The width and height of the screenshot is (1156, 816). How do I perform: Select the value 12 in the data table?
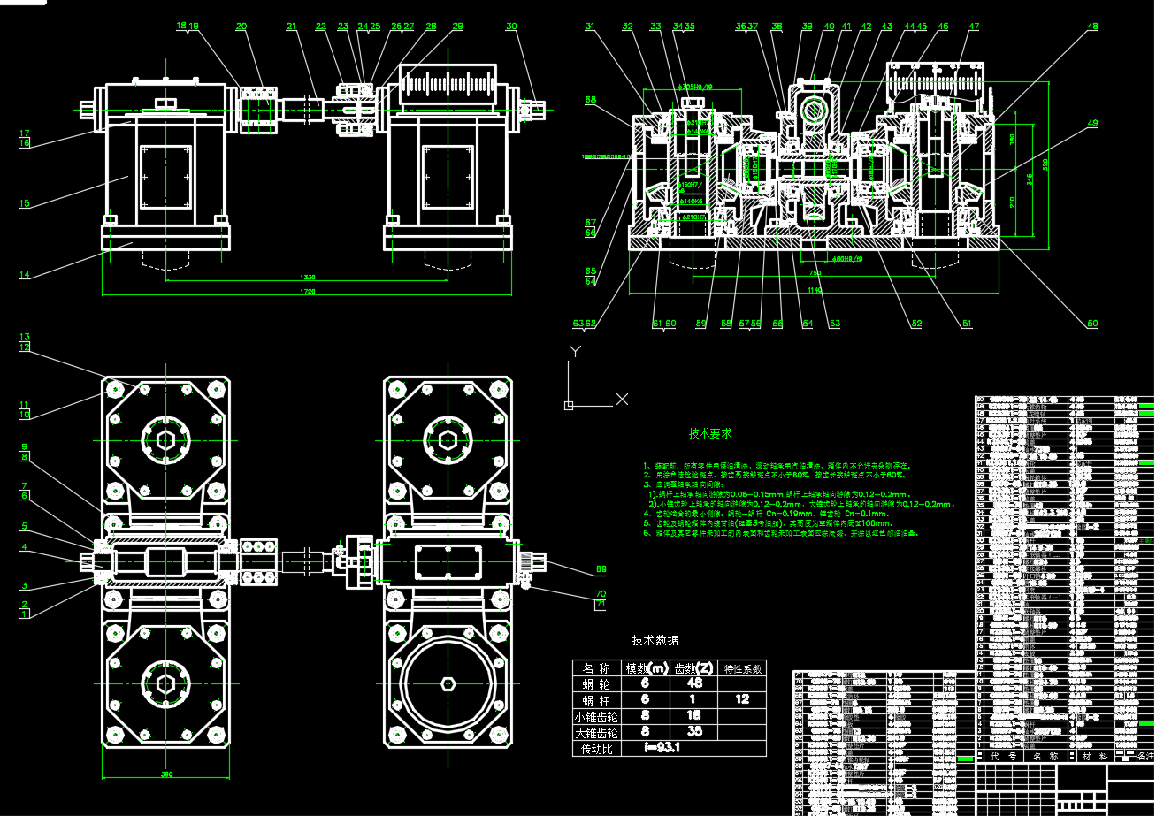tap(742, 699)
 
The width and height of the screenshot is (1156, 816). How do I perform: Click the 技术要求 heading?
tap(710, 434)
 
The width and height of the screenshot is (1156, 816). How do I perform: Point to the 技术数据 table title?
tap(655, 640)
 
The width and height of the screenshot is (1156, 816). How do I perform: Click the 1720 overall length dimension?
tap(307, 291)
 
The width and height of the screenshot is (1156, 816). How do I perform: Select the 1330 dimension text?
tap(307, 278)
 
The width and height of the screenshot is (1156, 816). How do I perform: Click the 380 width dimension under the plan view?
tap(166, 775)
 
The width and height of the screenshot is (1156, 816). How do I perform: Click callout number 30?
tap(511, 27)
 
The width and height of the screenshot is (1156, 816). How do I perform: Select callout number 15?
tap(25, 203)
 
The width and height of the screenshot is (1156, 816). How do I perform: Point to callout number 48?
tap(1092, 27)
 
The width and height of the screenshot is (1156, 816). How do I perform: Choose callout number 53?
tap(834, 324)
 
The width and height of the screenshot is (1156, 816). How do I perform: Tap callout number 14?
tap(25, 274)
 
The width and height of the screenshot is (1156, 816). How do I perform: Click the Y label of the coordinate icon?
tap(576, 350)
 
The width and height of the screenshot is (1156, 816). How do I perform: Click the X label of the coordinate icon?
tap(622, 399)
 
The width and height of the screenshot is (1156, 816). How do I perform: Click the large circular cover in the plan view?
tap(447, 683)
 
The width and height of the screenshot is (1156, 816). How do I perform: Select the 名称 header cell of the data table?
tap(598, 667)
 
